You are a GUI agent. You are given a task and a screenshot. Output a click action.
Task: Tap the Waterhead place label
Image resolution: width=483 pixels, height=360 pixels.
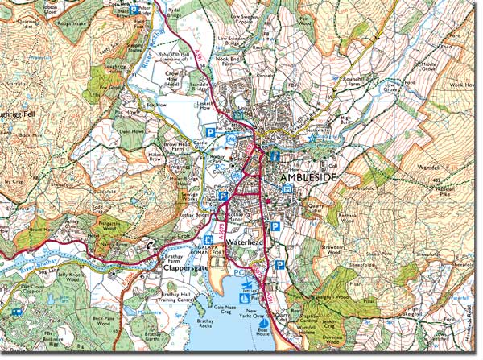[x=241, y=241]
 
